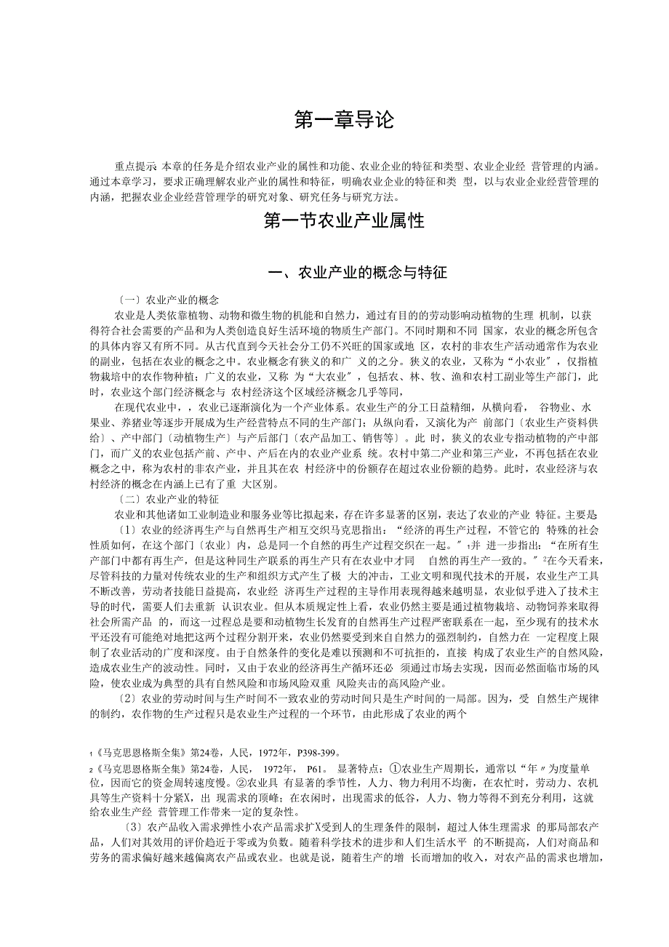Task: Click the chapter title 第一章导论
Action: click(x=334, y=120)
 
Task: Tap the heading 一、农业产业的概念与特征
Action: click(x=357, y=273)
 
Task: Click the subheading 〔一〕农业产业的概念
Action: click(x=167, y=300)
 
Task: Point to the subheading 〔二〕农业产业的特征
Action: click(x=167, y=500)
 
